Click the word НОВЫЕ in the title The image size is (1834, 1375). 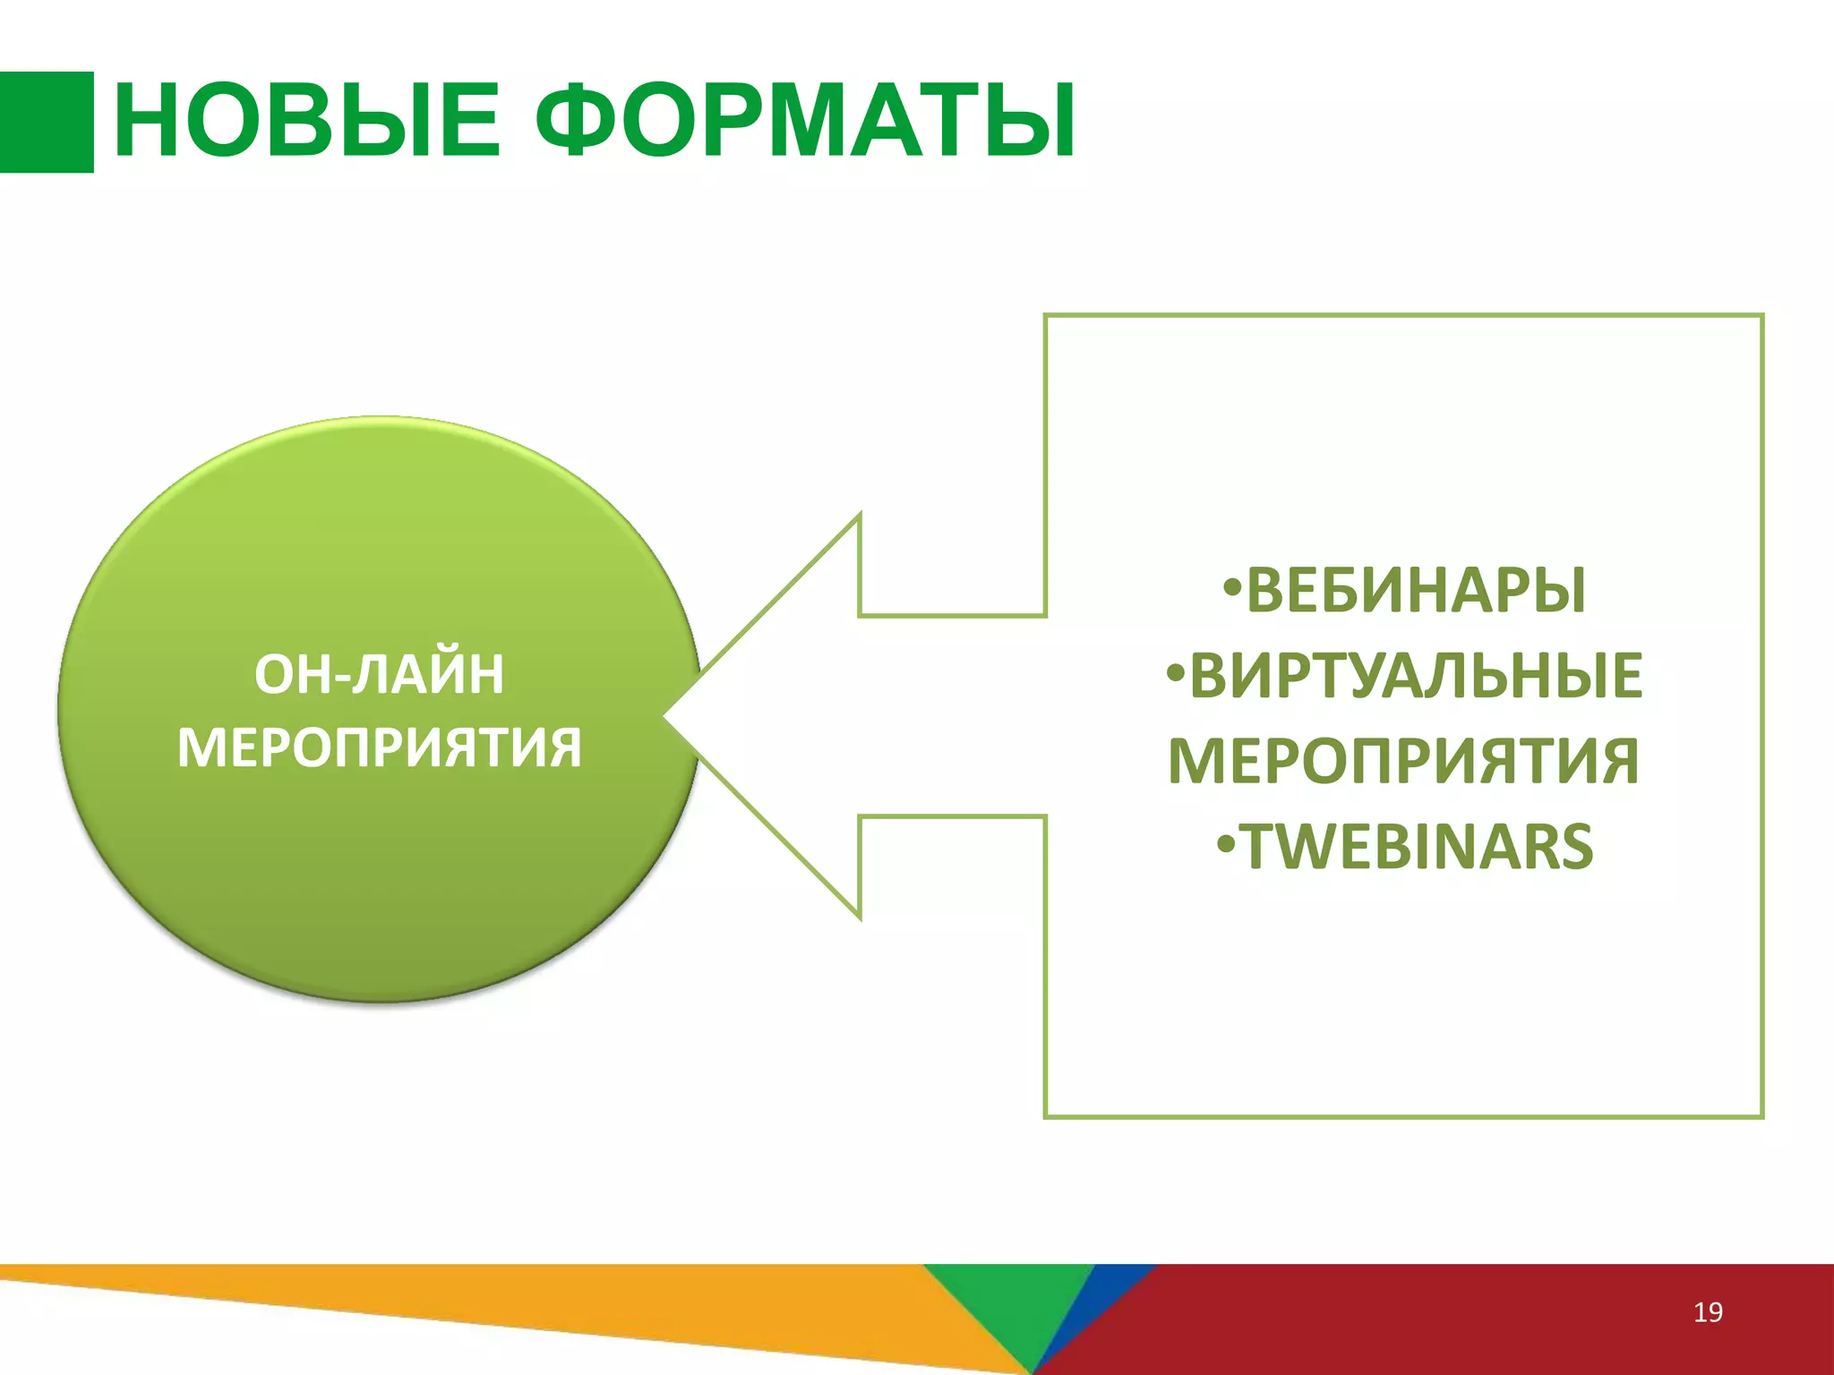(306, 121)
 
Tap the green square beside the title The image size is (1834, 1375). (46, 122)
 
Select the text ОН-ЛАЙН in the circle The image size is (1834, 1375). (379, 675)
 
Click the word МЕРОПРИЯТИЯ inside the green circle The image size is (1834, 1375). (379, 748)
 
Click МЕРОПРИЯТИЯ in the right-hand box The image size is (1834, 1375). (1403, 761)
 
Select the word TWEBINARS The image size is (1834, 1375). (1418, 847)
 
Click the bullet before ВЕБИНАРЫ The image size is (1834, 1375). (1233, 589)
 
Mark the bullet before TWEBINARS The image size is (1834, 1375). (1228, 844)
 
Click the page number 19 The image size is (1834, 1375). (1708, 1312)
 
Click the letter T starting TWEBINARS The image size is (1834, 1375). (1262, 847)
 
